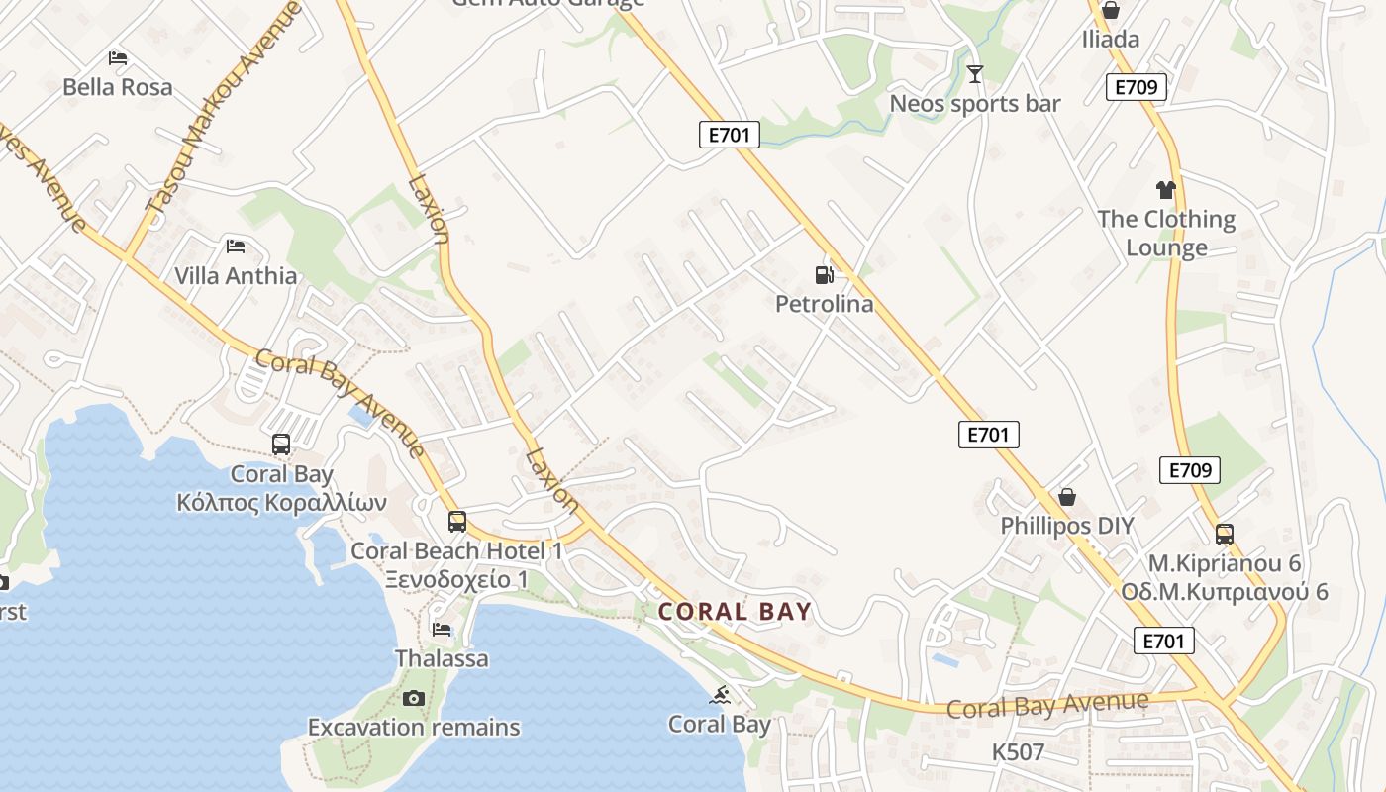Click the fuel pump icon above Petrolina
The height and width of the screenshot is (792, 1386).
click(x=824, y=274)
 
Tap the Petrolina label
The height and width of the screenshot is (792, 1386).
click(x=824, y=304)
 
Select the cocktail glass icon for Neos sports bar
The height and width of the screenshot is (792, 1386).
click(x=975, y=73)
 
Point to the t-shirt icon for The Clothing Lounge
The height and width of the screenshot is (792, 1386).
click(x=1165, y=189)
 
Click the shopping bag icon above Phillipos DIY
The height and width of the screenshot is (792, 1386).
click(x=1066, y=496)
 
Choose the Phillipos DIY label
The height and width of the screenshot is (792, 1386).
click(x=1066, y=526)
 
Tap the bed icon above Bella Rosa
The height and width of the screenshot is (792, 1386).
click(x=118, y=57)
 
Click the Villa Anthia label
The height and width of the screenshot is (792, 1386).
click(x=236, y=275)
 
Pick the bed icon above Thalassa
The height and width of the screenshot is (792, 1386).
click(x=442, y=629)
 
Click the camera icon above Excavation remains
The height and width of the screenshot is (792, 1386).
click(x=414, y=698)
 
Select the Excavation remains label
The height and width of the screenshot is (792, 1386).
click(x=414, y=728)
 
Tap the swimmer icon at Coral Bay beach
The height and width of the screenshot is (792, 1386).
click(x=720, y=694)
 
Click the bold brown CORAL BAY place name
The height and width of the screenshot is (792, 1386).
click(x=735, y=612)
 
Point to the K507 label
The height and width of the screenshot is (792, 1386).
click(x=1018, y=752)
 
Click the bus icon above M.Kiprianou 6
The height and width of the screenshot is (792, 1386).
click(x=1225, y=535)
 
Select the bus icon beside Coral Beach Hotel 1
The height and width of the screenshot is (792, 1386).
click(x=456, y=521)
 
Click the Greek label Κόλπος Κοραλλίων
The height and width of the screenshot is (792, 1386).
click(x=281, y=503)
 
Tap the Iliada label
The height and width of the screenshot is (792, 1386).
click(x=1111, y=40)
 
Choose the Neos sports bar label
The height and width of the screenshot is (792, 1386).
click(x=975, y=104)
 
